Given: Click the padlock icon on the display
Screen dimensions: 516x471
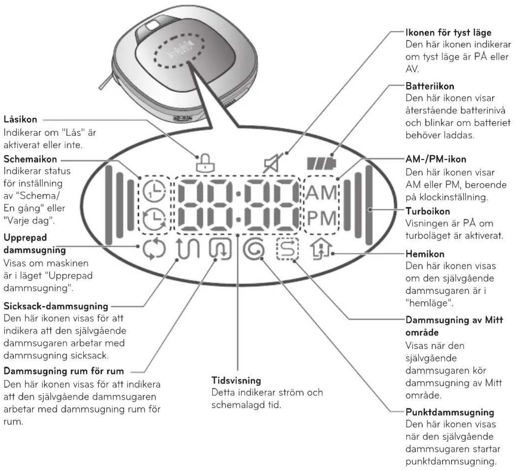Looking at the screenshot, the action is click(x=205, y=163).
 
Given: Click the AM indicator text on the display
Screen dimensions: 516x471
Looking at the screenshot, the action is click(x=321, y=192).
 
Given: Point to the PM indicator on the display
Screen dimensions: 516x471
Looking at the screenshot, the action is click(x=321, y=218).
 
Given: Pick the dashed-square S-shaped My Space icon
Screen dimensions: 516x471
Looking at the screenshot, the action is click(x=287, y=249).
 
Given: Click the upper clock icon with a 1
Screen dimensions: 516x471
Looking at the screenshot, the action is click(x=154, y=191).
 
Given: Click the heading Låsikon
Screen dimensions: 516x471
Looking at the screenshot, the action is click(x=20, y=120).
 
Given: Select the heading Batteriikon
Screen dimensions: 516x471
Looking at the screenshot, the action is click(x=430, y=86).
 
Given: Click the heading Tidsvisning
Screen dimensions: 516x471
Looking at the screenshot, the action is click(x=236, y=380).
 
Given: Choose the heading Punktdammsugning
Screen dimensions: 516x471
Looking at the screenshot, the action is click(x=450, y=412).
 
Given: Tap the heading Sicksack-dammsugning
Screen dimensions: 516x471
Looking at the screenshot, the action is click(x=56, y=306).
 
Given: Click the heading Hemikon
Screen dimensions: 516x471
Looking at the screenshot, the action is click(x=425, y=254).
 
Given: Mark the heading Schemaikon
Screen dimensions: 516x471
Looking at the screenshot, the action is click(x=30, y=159).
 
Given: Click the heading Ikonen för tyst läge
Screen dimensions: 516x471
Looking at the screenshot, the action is click(x=448, y=33).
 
